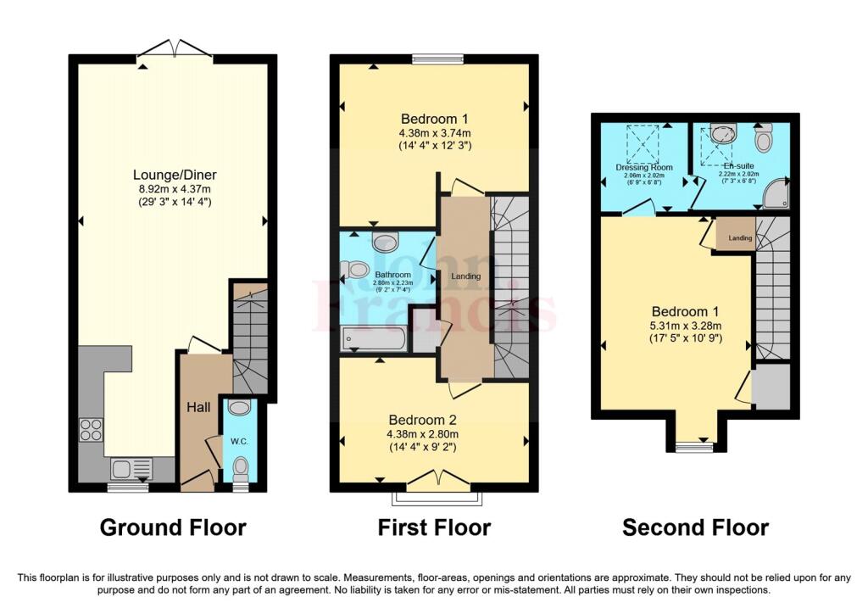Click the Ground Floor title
pyautogui.click(x=173, y=527)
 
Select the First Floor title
pyautogui.click(x=434, y=527)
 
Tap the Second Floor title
pyautogui.click(x=695, y=527)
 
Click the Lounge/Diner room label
pyautogui.click(x=174, y=176)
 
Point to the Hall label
pyautogui.click(x=198, y=408)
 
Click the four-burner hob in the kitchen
pyautogui.click(x=91, y=430)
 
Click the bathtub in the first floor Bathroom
pyautogui.click(x=374, y=339)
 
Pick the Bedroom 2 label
pyautogui.click(x=434, y=420)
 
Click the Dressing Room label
pyautogui.click(x=644, y=168)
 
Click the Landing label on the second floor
pyautogui.click(x=740, y=238)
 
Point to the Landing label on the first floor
pyautogui.click(x=465, y=276)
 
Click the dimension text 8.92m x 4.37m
pyautogui.click(x=174, y=189)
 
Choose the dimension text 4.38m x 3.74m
pyautogui.click(x=434, y=133)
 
